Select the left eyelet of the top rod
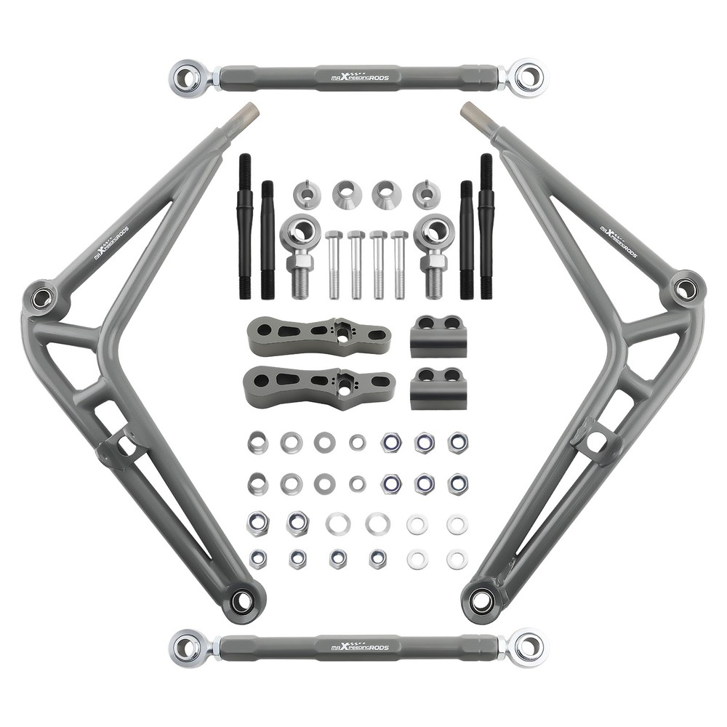tap(186, 76)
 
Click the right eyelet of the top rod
tap(529, 76)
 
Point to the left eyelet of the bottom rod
tap(186, 646)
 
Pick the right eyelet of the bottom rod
tap(529, 646)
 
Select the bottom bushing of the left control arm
tap(242, 601)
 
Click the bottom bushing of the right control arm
tap(481, 601)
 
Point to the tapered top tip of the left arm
tap(248, 112)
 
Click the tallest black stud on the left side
tap(245, 225)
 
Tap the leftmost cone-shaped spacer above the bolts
tap(307, 194)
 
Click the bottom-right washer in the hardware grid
tap(457, 559)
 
